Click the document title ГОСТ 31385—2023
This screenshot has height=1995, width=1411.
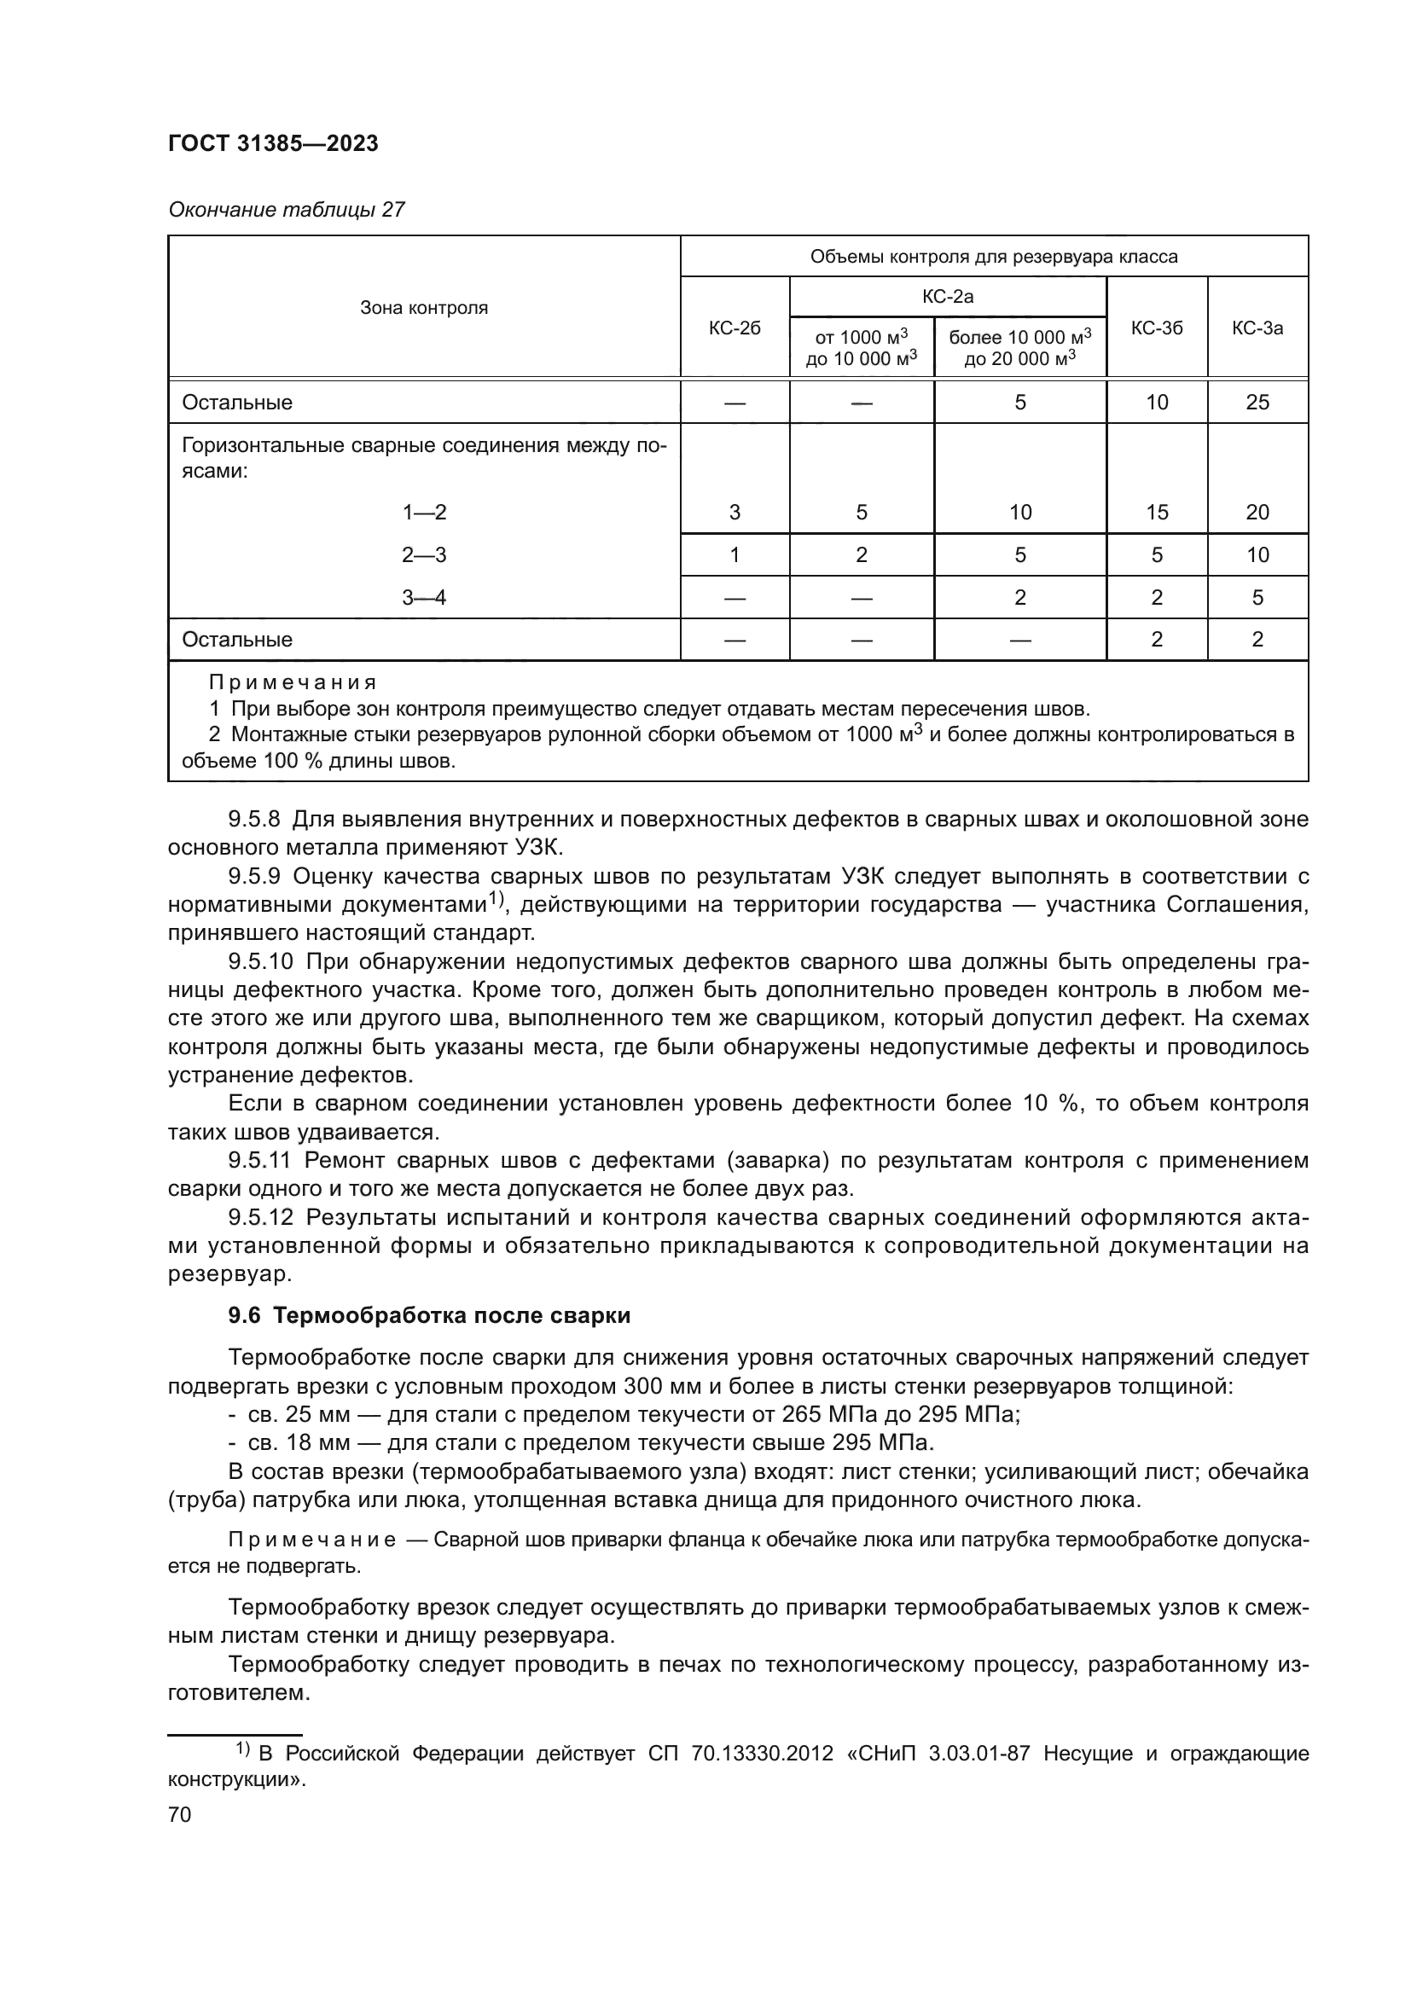[x=273, y=143]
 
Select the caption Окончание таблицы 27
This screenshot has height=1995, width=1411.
[x=286, y=210]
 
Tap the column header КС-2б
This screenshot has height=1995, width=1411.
[x=735, y=328]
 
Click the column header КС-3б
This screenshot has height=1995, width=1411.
[x=1157, y=328]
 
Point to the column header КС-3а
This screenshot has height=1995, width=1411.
[x=1257, y=328]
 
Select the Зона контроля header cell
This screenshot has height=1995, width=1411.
[x=424, y=308]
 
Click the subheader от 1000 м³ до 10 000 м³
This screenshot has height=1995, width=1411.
[x=861, y=347]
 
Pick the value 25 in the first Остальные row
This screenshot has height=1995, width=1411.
[x=1257, y=403]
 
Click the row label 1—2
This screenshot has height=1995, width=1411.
[x=424, y=512]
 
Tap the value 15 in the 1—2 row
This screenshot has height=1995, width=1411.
[x=1157, y=512]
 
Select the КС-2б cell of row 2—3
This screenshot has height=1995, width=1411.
[x=735, y=554]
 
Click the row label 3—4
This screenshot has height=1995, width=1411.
[x=424, y=597]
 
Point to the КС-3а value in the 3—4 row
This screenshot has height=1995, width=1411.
[x=1257, y=597]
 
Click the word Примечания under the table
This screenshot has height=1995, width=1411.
[x=292, y=682]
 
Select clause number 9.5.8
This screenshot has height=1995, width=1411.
[x=253, y=819]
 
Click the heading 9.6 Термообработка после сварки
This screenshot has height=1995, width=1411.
[x=429, y=1315]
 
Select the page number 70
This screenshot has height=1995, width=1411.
[x=180, y=1814]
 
